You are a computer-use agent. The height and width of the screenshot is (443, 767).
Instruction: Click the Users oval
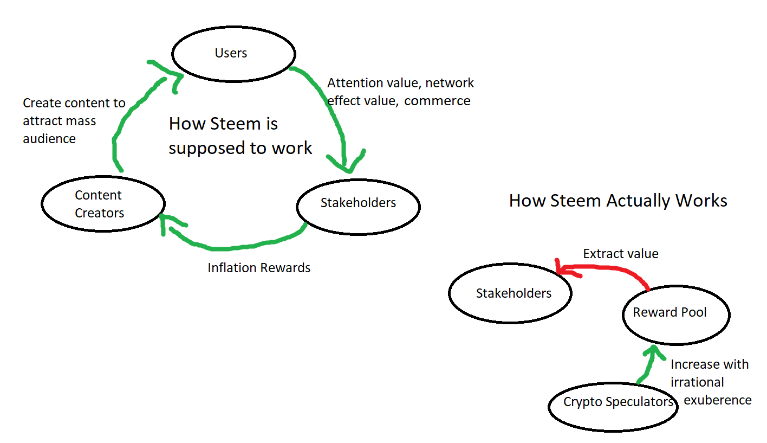233,54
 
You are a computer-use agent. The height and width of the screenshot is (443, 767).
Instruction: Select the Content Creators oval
102,204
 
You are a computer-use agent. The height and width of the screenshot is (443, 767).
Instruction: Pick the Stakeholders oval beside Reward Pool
510,293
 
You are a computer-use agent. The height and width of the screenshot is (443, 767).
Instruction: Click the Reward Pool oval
675,314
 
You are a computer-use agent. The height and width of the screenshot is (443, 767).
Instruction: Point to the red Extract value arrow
607,267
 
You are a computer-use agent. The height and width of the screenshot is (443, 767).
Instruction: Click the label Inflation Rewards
259,268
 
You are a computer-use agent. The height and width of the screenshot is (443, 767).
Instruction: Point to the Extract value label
621,254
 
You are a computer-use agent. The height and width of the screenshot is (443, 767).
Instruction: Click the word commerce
438,101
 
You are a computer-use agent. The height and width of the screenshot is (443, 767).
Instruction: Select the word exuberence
718,401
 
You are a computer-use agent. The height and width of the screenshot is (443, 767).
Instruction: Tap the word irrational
697,382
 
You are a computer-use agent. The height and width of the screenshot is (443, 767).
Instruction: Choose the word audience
49,139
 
